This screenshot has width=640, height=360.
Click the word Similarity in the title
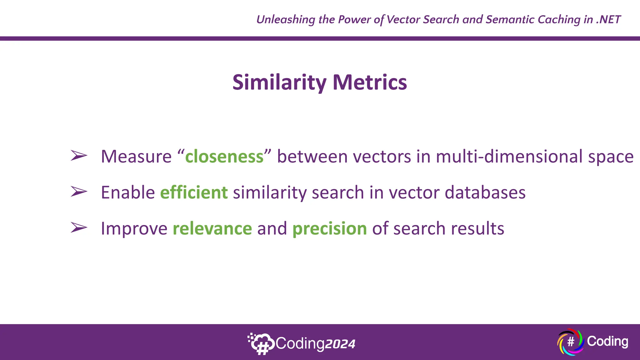279,82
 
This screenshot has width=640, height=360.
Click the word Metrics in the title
370,82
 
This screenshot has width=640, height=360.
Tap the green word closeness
224,157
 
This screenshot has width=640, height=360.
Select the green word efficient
194,192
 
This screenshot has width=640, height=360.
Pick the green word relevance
212,228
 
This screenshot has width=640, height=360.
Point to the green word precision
329,228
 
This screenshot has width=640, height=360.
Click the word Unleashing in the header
286,19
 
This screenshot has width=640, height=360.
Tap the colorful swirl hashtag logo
570,342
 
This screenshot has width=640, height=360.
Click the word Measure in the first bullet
136,157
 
